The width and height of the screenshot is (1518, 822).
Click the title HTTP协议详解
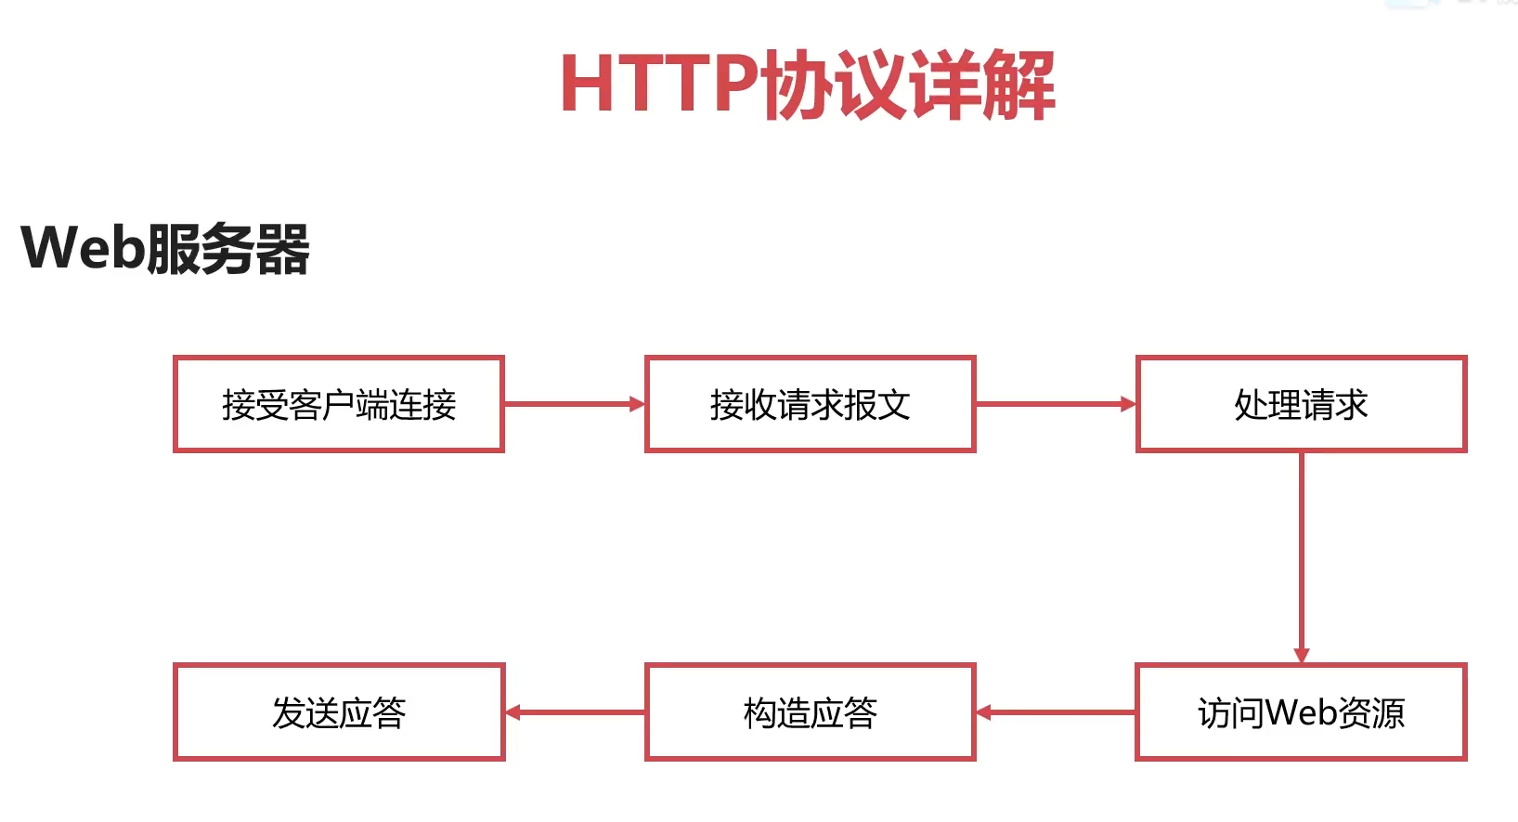807,85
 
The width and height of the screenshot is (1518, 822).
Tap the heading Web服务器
165,248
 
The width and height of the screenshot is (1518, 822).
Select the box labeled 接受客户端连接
339,404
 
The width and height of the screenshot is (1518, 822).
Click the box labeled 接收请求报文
810,404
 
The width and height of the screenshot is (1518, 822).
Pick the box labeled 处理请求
1301,404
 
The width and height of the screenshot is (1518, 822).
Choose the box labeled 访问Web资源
1301,712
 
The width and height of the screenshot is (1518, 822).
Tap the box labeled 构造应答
810,712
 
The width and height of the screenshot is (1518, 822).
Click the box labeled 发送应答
339,712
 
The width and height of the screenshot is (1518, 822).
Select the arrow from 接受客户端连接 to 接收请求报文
574,404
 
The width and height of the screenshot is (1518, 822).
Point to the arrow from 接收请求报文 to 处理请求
1055,404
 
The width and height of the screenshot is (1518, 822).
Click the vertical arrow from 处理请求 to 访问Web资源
1301,557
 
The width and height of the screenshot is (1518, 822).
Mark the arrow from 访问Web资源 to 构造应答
1056,712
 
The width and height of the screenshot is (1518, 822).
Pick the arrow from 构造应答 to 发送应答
575,712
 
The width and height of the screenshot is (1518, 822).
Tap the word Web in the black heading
84,248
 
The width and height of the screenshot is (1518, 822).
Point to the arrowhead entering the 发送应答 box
513,712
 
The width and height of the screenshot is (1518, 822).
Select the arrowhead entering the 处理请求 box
1128,404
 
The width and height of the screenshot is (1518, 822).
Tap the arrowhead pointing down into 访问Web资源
1301,655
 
